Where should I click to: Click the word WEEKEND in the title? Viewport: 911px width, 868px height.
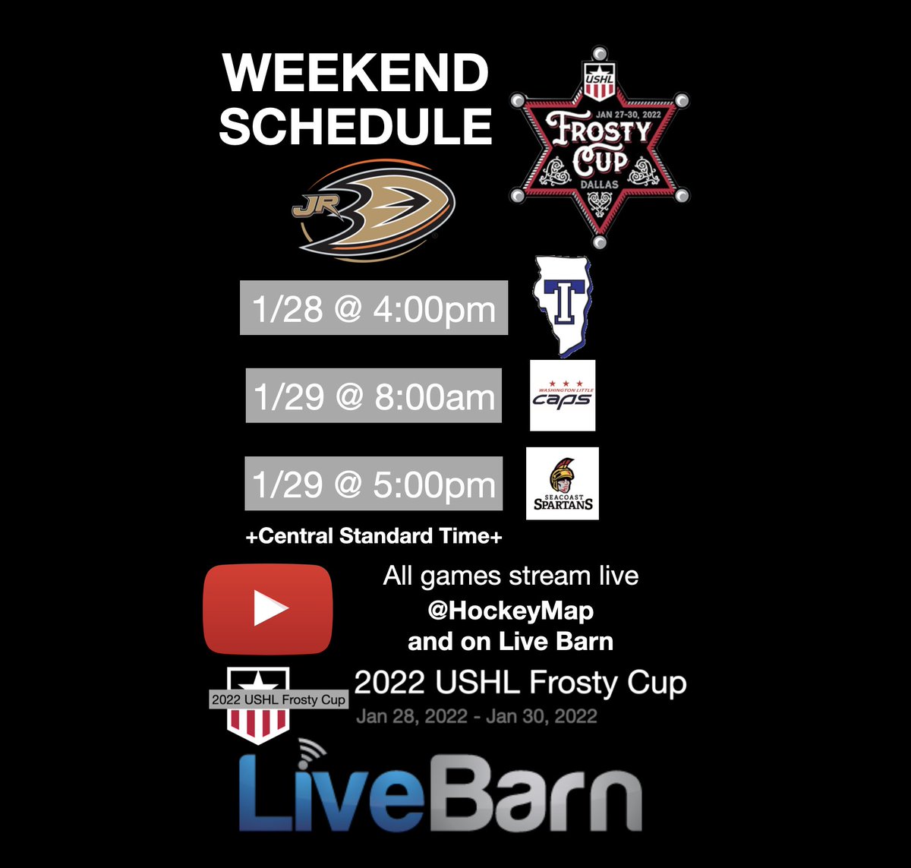point(356,74)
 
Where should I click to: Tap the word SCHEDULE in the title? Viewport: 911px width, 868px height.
point(356,125)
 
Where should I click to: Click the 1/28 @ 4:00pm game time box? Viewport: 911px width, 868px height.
point(374,308)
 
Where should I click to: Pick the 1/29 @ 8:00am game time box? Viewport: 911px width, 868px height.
point(374,396)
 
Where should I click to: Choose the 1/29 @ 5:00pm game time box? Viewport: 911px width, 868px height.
point(374,484)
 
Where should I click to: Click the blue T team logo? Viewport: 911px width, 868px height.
point(563,306)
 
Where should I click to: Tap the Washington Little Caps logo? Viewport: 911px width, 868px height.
point(563,396)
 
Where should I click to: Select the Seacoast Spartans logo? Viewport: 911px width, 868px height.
point(563,483)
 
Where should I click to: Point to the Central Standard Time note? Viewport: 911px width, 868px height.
point(374,536)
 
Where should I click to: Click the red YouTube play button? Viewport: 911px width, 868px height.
point(268,609)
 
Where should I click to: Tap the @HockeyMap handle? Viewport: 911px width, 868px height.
point(510,611)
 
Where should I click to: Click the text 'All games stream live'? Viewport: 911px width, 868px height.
point(510,576)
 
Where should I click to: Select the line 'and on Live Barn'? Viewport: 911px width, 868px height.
point(510,642)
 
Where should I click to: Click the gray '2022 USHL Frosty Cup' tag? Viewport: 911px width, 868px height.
point(278,699)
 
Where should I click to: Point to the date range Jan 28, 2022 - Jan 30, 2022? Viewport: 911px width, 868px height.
point(477,716)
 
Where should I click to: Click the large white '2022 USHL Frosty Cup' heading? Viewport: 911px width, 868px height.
point(520,683)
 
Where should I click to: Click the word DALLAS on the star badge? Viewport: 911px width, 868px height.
point(599,185)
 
